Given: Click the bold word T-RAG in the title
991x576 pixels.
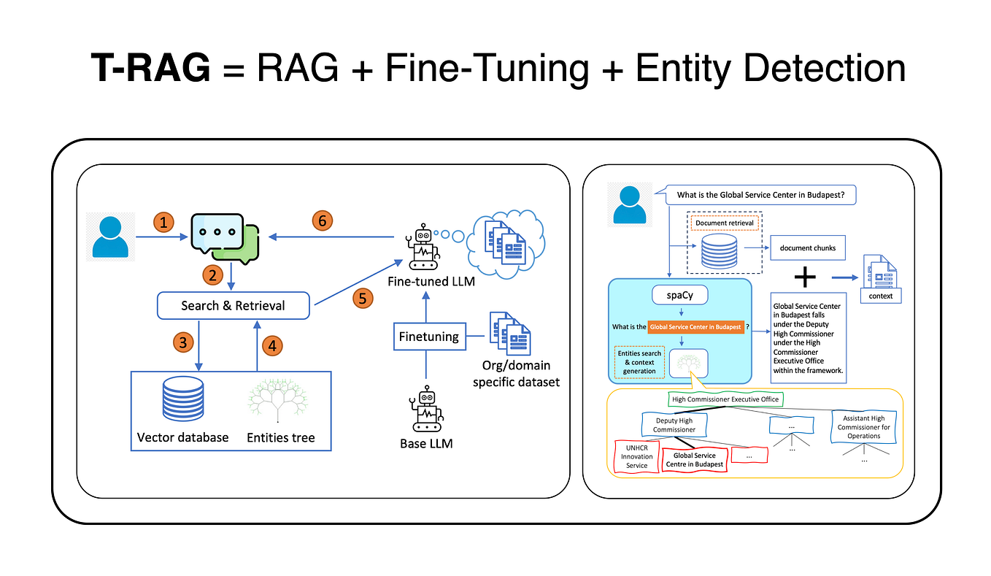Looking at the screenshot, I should coord(150,68).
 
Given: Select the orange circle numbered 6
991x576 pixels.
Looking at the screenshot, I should coord(322,220).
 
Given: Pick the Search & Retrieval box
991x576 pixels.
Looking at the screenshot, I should coord(234,306).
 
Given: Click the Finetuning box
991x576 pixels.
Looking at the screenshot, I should coord(428,337).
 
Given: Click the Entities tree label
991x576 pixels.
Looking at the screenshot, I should coord(281,437).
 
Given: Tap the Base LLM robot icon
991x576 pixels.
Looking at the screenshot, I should coord(426,410).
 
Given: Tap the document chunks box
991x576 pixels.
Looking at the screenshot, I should coord(807,247).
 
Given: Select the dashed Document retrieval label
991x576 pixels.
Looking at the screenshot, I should coord(725,223).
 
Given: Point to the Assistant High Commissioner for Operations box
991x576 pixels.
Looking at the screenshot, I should coord(863,427).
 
